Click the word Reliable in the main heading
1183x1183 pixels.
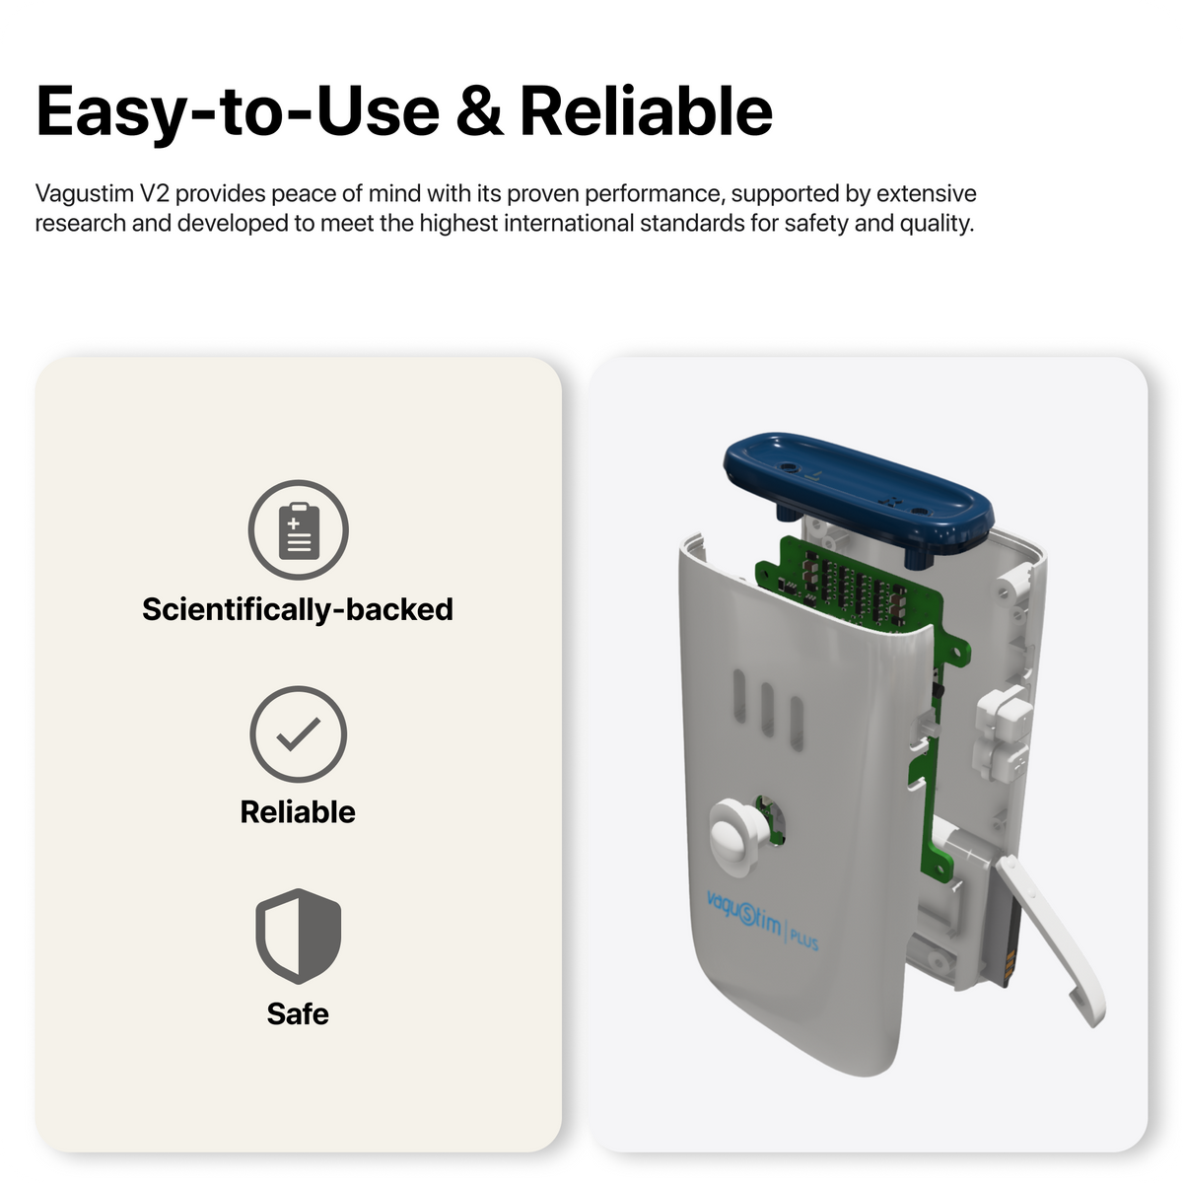(x=646, y=111)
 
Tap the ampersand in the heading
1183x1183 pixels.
(x=479, y=111)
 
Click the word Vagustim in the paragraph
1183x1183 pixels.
(x=85, y=194)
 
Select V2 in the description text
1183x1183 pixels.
(x=154, y=193)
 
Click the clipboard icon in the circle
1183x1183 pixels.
(x=299, y=530)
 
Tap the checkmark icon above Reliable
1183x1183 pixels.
(x=299, y=734)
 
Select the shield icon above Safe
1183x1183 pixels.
(x=299, y=936)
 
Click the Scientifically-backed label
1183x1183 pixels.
(x=298, y=609)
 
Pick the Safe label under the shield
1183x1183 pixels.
(x=298, y=1013)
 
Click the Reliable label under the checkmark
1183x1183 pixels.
(x=298, y=811)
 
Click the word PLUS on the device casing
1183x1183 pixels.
(x=804, y=939)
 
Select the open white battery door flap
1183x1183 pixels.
(x=1049, y=941)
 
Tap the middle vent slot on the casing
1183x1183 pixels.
(x=767, y=709)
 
